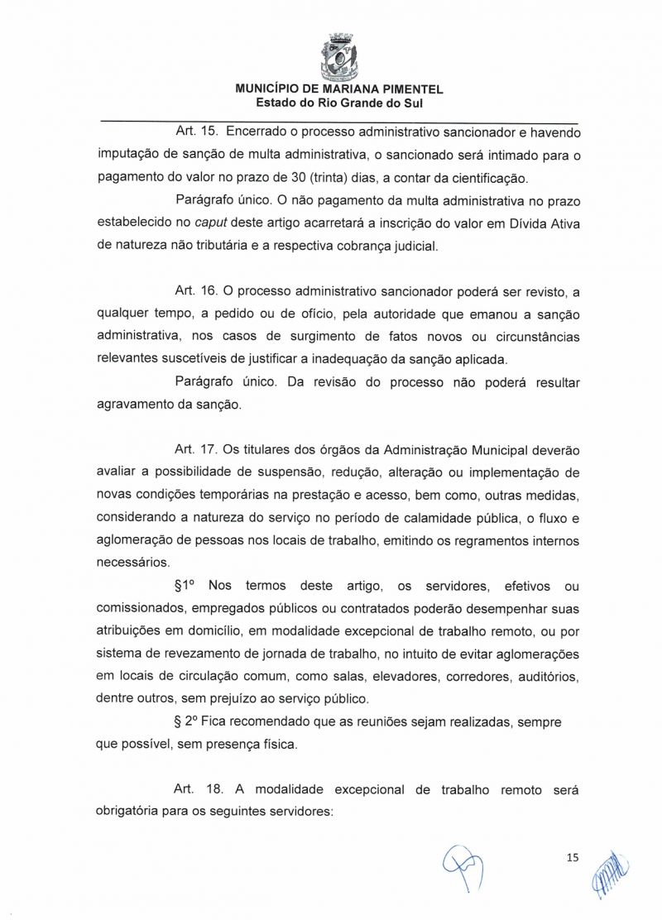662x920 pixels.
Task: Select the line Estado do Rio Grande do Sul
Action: [339, 103]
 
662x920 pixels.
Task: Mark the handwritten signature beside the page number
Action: [609, 873]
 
